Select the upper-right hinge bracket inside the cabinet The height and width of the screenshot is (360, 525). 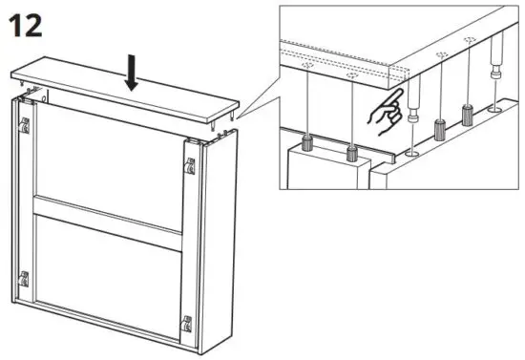(x=188, y=165)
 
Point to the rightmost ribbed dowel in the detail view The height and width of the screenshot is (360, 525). (x=468, y=114)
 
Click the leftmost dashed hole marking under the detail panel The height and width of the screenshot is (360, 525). (x=304, y=67)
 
